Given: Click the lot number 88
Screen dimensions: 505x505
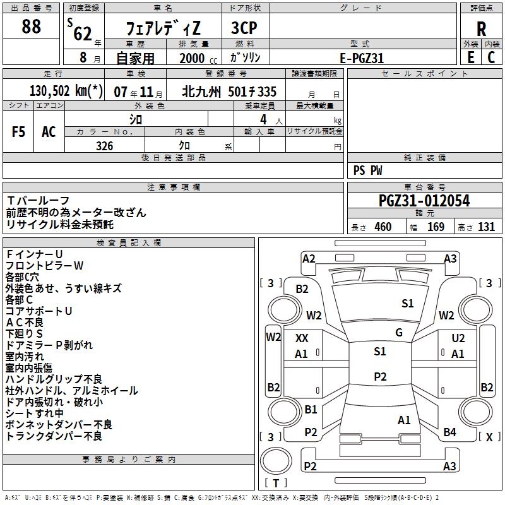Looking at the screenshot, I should point(32,27).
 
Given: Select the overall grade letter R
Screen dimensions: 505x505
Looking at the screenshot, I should point(481,29).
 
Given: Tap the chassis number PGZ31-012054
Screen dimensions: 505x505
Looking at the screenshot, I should point(424,201).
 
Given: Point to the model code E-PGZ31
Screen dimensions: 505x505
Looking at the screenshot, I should point(362,57).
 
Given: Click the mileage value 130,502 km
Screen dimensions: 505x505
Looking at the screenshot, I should point(66,92).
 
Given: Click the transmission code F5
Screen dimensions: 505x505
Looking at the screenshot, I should point(19,131).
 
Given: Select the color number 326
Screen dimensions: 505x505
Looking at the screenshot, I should point(104,146).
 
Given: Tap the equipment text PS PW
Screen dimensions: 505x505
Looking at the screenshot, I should point(368,170).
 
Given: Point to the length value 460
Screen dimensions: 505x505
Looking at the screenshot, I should point(383,227).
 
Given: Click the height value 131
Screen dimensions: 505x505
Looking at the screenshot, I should point(486,227).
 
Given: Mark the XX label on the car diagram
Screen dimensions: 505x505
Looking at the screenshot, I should point(302,339).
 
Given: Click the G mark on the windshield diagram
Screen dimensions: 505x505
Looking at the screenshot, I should point(398,333).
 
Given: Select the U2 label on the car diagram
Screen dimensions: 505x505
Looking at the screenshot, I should point(458,339).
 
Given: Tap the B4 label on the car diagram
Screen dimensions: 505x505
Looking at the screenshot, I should point(449,432).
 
